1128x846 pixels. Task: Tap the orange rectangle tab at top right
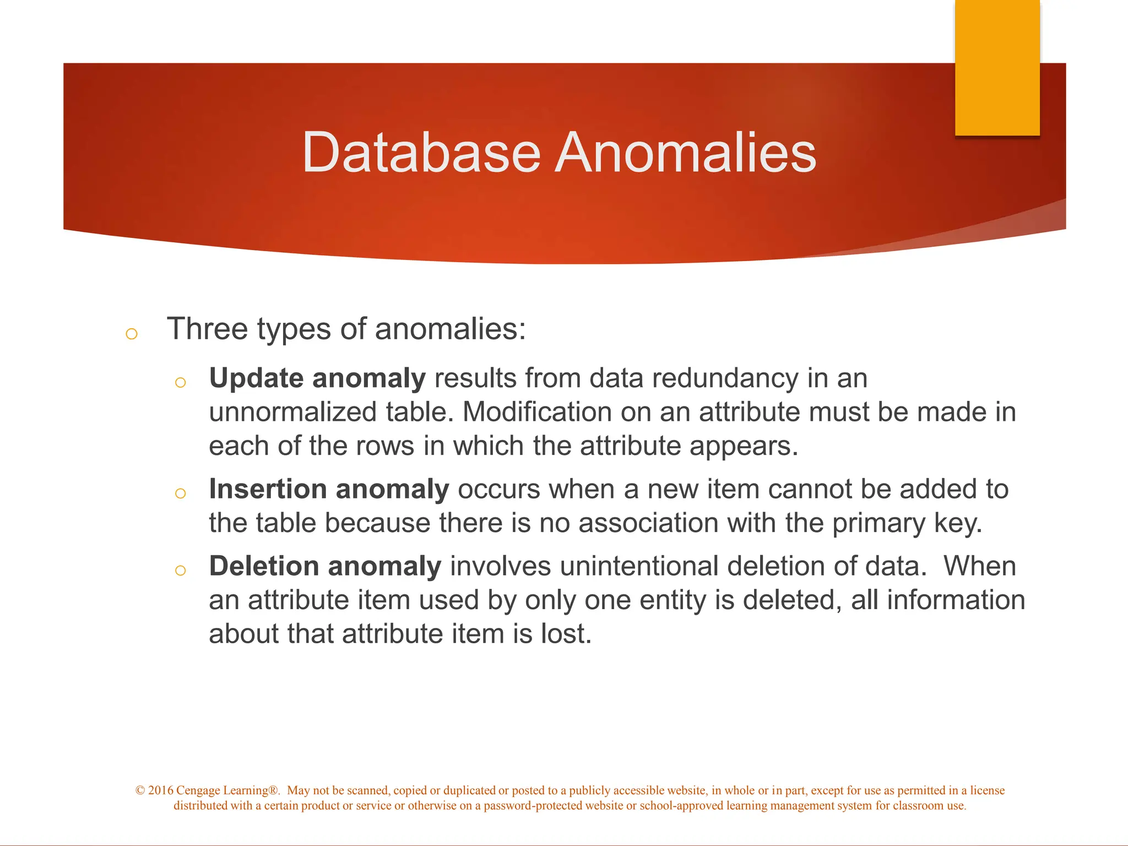(x=997, y=67)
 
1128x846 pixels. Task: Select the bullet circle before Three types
(x=131, y=333)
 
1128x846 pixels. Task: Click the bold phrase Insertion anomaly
(x=329, y=490)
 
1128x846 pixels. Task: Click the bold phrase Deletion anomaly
(x=325, y=567)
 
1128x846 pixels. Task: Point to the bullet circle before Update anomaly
(x=180, y=382)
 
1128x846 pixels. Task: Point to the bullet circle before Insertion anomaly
(x=180, y=493)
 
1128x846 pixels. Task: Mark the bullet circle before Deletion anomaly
(x=180, y=570)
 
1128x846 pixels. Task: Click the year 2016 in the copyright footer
(x=160, y=790)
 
